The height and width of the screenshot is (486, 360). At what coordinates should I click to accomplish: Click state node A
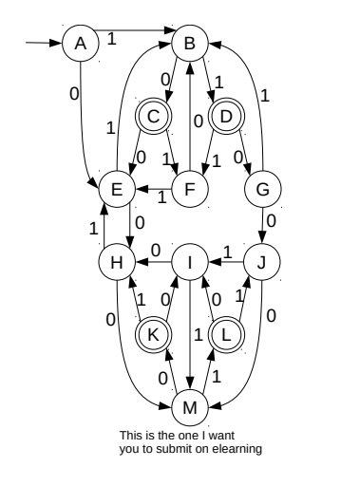[x=81, y=43]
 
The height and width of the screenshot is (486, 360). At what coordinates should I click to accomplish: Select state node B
[x=190, y=43]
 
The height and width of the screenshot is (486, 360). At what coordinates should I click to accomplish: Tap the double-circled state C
[x=153, y=117]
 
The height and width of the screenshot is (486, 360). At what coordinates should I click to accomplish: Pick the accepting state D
[x=227, y=117]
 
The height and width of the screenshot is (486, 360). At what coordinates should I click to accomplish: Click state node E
[x=117, y=189]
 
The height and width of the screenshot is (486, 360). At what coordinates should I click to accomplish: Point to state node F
[x=190, y=189]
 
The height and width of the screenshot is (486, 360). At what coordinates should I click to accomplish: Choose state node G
[x=263, y=189]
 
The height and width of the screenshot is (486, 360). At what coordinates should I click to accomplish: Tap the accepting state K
[x=153, y=334]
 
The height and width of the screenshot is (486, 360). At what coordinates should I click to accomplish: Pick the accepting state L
[x=227, y=334]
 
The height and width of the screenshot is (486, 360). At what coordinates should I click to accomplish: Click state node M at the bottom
[x=190, y=407]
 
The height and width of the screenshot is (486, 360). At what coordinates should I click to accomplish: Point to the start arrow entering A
[x=43, y=43]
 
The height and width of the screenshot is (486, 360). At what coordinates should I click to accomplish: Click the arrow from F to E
[x=153, y=189]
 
